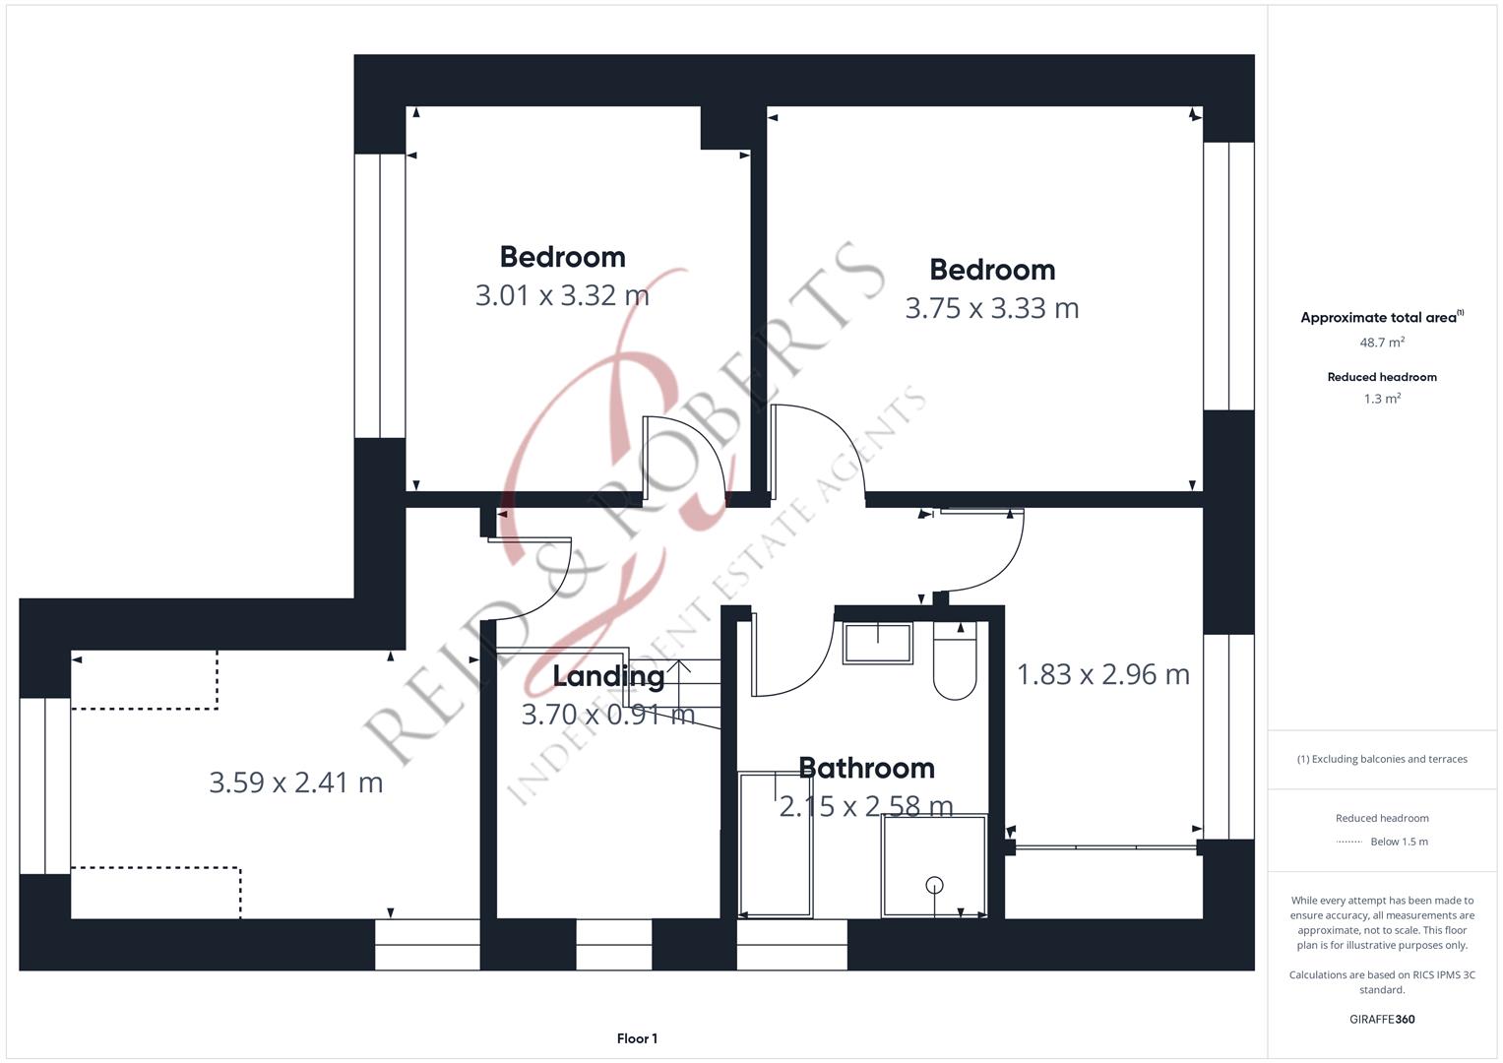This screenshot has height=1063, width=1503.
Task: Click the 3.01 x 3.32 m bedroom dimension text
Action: click(x=562, y=296)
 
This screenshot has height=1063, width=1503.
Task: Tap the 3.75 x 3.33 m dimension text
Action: click(x=992, y=309)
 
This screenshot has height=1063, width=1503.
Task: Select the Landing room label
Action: click(x=608, y=676)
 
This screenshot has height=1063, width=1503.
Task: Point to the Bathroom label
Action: click(x=867, y=768)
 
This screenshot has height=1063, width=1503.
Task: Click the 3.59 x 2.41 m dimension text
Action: click(x=296, y=782)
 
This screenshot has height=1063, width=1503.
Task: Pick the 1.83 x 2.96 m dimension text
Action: click(x=1103, y=674)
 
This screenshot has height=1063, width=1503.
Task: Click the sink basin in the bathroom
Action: click(x=878, y=643)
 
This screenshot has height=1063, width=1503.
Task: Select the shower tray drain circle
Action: click(x=935, y=885)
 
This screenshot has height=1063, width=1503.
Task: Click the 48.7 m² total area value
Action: click(x=1382, y=343)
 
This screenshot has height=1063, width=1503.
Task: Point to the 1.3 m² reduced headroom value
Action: click(x=1382, y=399)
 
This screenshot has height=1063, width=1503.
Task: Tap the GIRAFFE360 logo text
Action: click(x=1382, y=1019)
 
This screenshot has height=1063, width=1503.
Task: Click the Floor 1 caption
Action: click(x=638, y=1038)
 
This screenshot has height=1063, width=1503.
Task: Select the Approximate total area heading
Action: click(x=1382, y=317)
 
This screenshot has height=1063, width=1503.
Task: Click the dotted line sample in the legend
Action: click(x=1348, y=842)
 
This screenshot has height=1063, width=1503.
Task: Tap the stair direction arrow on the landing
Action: click(x=679, y=684)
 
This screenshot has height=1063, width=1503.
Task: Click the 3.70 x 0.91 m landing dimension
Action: click(x=608, y=715)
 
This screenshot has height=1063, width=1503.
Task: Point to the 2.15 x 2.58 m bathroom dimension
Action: click(x=866, y=806)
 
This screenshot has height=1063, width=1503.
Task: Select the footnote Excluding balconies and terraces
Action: click(x=1382, y=759)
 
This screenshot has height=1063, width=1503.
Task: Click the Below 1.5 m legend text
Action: click(x=1399, y=842)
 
